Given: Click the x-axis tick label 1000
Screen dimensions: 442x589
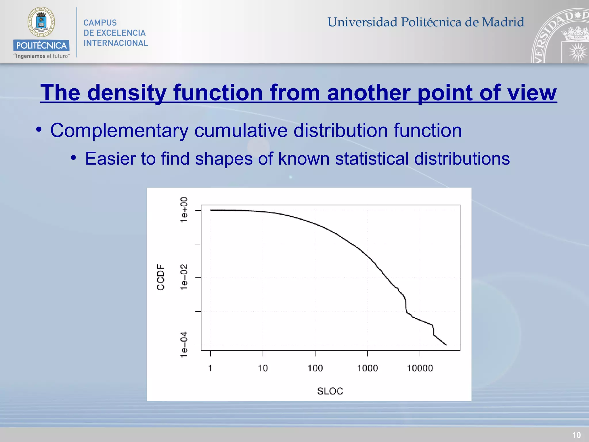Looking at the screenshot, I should click(x=367, y=368).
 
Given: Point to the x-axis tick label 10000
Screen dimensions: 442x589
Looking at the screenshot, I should click(x=420, y=368).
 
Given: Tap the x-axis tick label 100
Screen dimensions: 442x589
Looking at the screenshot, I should click(x=315, y=368).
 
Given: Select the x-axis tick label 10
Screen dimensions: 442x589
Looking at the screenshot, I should click(x=263, y=368).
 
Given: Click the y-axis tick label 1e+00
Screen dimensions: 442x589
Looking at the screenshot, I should click(x=184, y=210).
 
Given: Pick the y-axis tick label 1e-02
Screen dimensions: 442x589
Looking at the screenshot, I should click(x=184, y=277).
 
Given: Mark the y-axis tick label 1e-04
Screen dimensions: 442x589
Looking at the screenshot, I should click(x=184, y=344).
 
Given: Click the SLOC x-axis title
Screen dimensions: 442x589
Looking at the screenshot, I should click(x=330, y=391).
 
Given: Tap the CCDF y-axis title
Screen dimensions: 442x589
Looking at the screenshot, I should click(x=160, y=277).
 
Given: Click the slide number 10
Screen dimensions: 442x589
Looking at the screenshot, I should click(x=576, y=435).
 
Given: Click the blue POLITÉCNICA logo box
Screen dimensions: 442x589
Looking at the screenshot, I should click(x=41, y=45).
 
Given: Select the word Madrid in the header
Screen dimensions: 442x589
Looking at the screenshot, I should click(x=503, y=22).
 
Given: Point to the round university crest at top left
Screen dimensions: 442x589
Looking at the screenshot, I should click(x=41, y=22).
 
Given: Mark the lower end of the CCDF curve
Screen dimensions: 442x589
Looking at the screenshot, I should click(x=446, y=344).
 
